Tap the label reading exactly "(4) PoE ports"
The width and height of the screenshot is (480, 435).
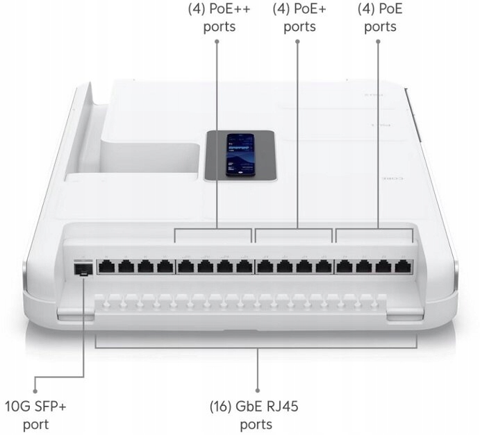[380, 19]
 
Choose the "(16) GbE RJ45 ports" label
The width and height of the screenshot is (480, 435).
[258, 413]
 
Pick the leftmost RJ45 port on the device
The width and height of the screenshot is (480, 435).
[107, 266]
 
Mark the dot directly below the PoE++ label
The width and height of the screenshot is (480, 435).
[217, 42]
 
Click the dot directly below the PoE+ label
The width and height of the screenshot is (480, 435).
[298, 42]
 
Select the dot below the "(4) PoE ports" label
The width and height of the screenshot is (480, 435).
[379, 42]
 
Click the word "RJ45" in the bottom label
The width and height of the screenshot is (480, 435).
[285, 405]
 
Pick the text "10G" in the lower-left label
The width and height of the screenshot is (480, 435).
[19, 405]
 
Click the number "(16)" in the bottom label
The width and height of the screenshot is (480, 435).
[224, 405]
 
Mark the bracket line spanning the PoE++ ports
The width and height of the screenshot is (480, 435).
[213, 229]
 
